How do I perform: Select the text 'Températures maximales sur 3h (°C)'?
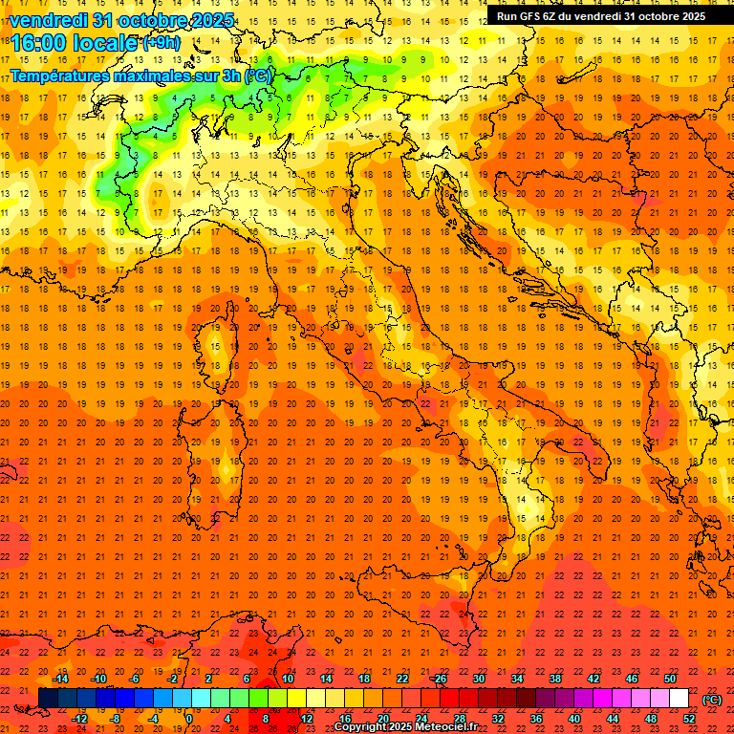[x=140, y=76]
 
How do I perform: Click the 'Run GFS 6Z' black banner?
[x=601, y=15]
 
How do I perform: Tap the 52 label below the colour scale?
[x=689, y=719]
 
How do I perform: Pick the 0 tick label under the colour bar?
[x=188, y=719]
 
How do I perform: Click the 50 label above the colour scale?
[x=670, y=679]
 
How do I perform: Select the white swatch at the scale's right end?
[x=680, y=699]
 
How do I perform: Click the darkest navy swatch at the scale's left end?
[x=48, y=699]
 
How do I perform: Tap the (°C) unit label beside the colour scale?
[x=713, y=699]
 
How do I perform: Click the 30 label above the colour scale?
[x=479, y=679]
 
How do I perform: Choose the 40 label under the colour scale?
[x=574, y=719]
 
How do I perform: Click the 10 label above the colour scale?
[x=288, y=679]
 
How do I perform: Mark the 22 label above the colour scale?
[x=402, y=679]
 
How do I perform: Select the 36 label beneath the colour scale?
[x=536, y=719]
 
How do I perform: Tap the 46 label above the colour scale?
[x=632, y=679]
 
